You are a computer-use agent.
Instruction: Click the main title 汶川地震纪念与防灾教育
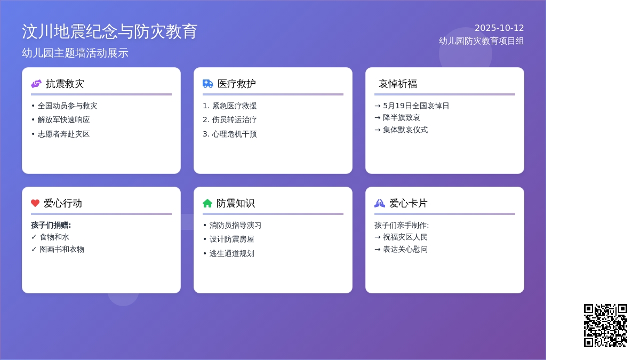tap(109, 31)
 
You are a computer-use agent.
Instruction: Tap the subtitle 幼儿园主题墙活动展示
tap(75, 53)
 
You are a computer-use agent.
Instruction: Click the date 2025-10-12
tap(499, 28)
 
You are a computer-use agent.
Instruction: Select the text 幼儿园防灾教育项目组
tap(482, 41)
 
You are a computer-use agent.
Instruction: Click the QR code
tap(605, 325)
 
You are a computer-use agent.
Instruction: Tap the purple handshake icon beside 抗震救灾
tap(36, 84)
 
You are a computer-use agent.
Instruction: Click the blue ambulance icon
tap(207, 84)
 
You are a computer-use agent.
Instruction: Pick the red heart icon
tap(35, 203)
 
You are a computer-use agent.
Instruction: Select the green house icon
tap(207, 203)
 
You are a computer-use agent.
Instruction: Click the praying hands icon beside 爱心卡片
tap(380, 203)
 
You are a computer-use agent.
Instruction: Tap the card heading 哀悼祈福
tap(398, 84)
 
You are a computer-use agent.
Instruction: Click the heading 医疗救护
tap(237, 84)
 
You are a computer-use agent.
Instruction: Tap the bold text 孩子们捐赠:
tap(51, 225)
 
